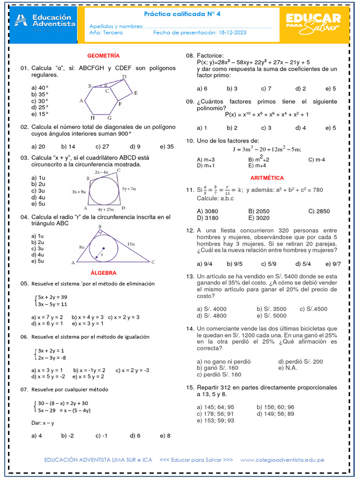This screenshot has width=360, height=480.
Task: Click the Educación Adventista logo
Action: point(45,22)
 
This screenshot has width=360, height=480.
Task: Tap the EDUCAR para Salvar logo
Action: point(313,23)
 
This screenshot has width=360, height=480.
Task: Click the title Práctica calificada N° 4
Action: point(181,14)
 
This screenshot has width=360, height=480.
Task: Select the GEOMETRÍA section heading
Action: point(103,55)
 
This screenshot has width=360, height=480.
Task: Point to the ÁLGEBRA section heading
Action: point(103,273)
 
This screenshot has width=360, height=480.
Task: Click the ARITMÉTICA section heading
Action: point(267,178)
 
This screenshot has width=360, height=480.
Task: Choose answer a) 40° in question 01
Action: point(40,88)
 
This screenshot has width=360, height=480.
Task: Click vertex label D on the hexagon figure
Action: point(124,76)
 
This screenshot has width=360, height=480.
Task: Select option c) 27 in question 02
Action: point(102,147)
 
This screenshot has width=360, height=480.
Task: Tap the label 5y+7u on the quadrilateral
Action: point(128,189)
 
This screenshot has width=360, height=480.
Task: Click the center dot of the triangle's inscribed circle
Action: point(104,248)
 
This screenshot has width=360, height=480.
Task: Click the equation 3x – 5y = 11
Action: point(52,304)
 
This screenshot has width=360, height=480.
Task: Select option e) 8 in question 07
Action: point(165,435)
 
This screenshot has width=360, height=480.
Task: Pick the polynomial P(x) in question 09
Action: point(267,114)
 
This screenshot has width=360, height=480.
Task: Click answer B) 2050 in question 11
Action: point(259,211)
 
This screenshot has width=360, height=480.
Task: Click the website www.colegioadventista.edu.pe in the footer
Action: point(282,460)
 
